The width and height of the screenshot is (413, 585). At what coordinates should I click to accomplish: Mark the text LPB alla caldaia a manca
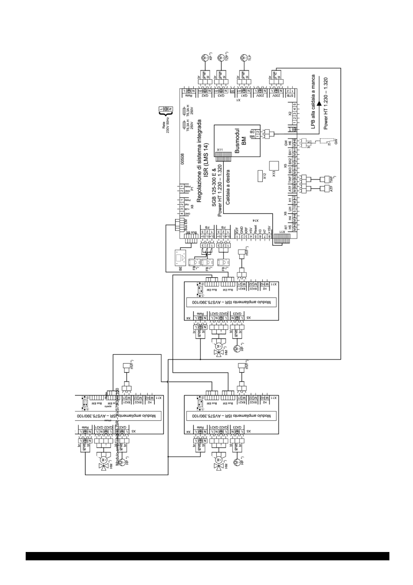point(313,104)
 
